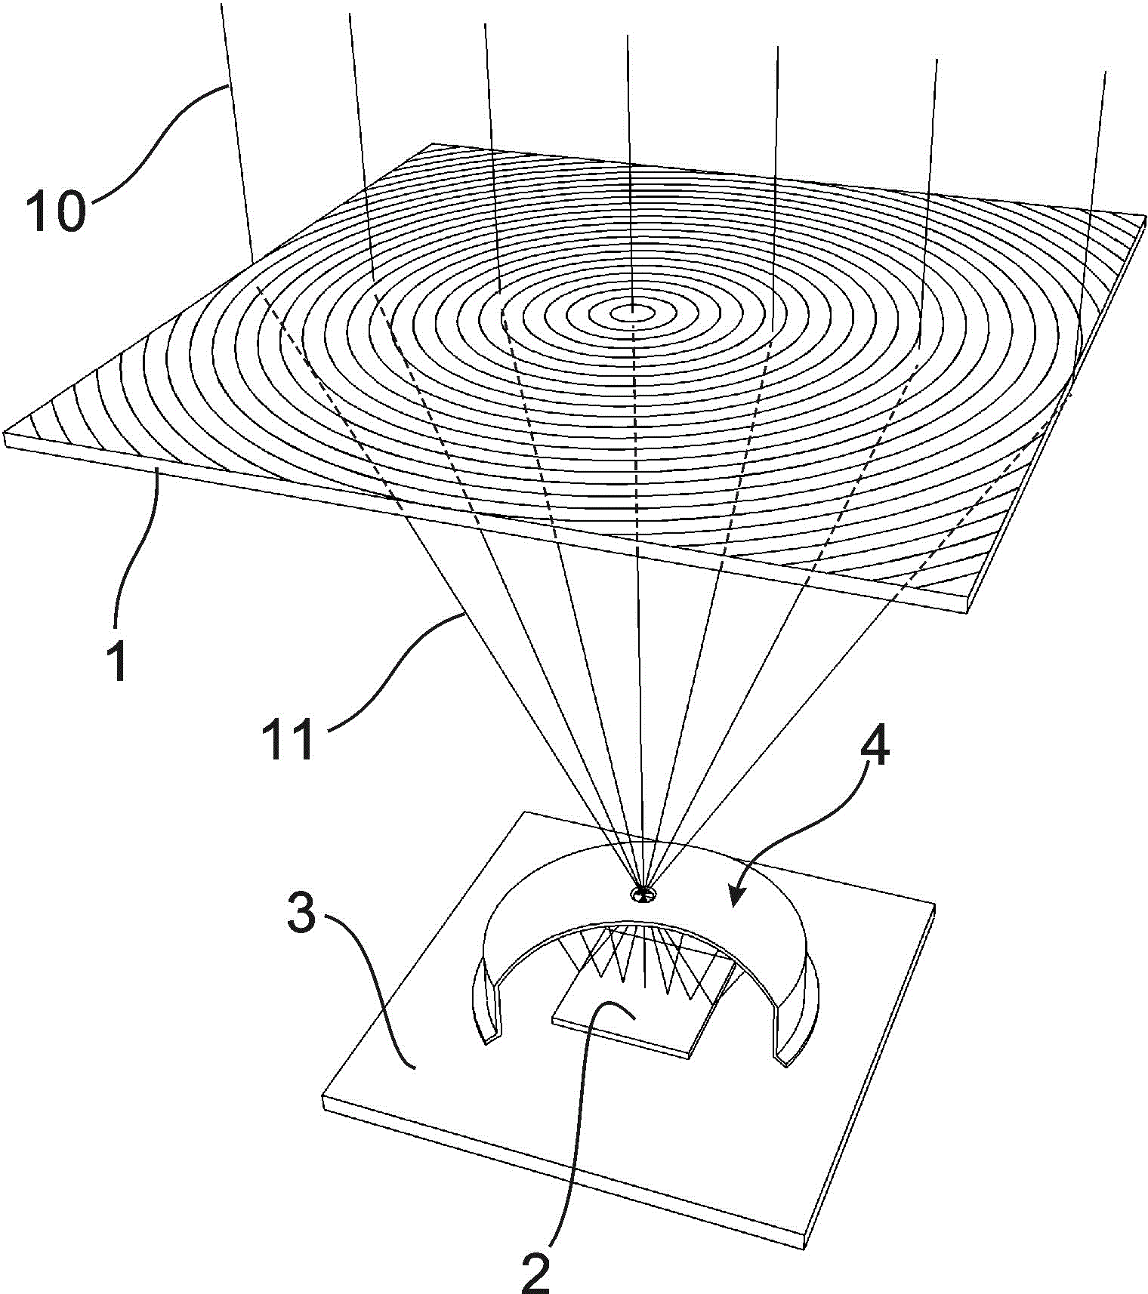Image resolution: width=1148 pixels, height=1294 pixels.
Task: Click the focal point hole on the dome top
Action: (x=643, y=895)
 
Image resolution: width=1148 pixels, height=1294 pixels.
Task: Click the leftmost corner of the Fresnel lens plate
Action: (x=6, y=436)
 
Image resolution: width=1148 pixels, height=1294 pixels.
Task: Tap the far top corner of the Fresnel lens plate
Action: (x=432, y=144)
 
